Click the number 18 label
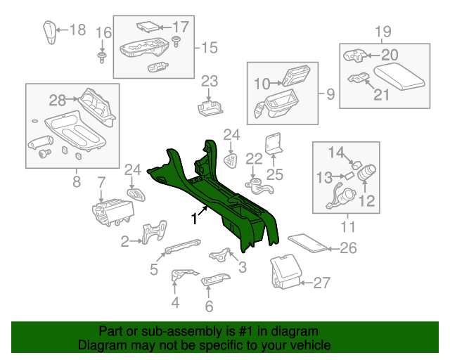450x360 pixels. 77,30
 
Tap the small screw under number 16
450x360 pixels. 103,55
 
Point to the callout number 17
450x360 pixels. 181,27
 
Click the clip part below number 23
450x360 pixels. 210,106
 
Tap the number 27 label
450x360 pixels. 321,283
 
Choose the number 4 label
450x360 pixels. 175,303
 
